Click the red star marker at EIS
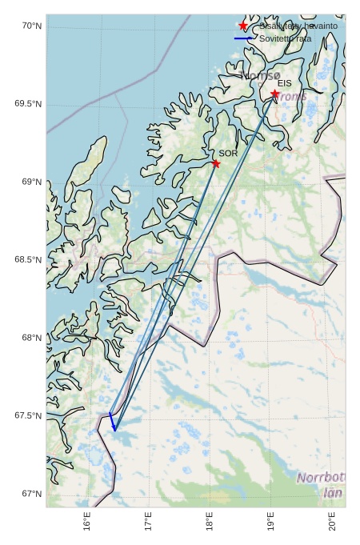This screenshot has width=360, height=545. pyautogui.click(x=275, y=94)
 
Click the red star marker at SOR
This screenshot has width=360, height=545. pyautogui.click(x=216, y=163)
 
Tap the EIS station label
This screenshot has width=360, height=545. pyautogui.click(x=285, y=83)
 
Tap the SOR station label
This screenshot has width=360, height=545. pyautogui.click(x=228, y=153)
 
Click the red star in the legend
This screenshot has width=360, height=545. pyautogui.click(x=243, y=26)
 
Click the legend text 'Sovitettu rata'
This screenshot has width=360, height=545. pyautogui.click(x=286, y=38)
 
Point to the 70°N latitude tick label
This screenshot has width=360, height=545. pyautogui.click(x=31, y=26)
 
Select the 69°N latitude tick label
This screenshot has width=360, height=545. pyautogui.click(x=31, y=182)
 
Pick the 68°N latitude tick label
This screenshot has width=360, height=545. pyautogui.click(x=31, y=338)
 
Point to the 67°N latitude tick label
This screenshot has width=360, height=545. pyautogui.click(x=31, y=493)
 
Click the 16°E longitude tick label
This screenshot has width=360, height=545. pyautogui.click(x=87, y=522)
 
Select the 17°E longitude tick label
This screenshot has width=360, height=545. pyautogui.click(x=149, y=522)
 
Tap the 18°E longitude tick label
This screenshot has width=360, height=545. pyautogui.click(x=210, y=522)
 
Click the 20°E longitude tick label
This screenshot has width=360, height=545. pyautogui.click(x=333, y=522)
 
